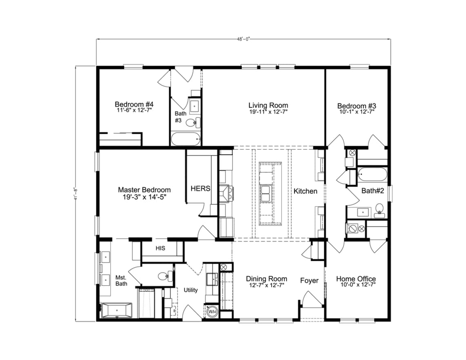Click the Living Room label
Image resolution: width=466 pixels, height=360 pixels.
click(268, 105)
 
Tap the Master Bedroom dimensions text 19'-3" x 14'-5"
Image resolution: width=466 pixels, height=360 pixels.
click(144, 196)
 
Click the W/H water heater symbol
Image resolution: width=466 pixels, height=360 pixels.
click(212, 312)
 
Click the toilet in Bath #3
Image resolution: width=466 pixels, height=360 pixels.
click(192, 122)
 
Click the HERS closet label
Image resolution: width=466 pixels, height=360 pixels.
click(201, 189)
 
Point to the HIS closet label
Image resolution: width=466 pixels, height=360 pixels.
click(160, 248)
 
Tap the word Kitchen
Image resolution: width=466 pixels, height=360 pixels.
click(305, 191)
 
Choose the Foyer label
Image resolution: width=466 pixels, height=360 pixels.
click(309, 280)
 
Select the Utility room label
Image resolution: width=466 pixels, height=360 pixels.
click(190, 290)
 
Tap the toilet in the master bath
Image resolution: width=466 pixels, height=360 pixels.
click(164, 276)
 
